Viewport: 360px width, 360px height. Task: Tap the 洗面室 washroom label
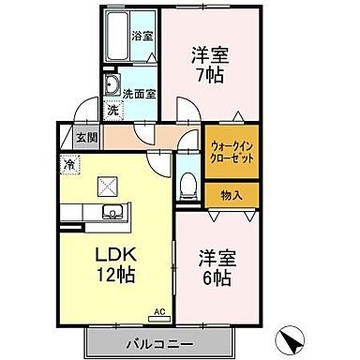click(134, 92)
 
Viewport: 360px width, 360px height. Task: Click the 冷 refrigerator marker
click(70, 164)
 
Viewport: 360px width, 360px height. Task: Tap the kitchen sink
click(110, 211)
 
